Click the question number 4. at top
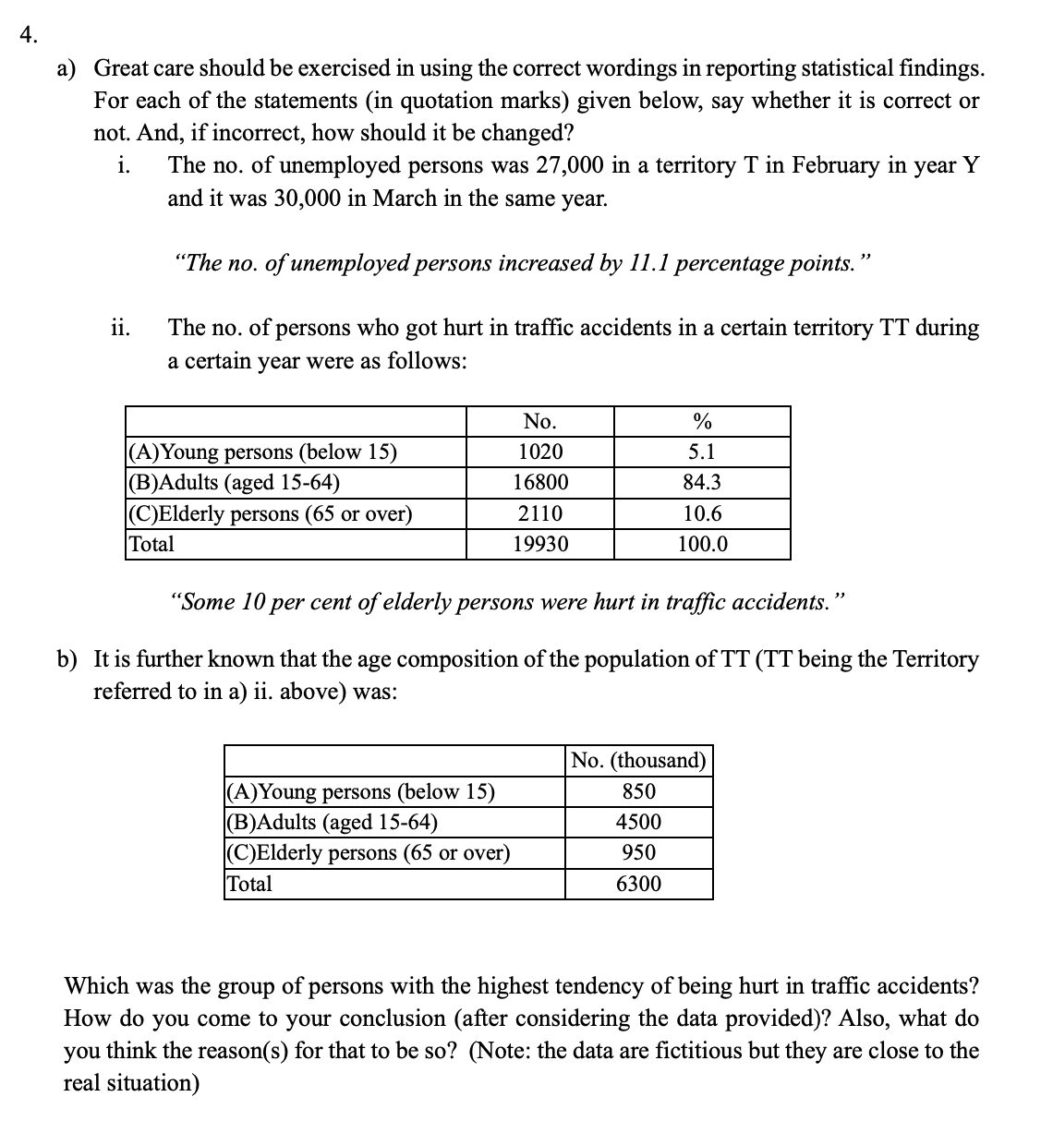pos(29,36)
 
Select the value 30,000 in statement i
pos(308,198)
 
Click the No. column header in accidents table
pos(539,422)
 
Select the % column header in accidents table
pos(702,422)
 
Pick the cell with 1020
pos(539,452)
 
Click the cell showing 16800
pos(539,483)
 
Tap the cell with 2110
pos(539,513)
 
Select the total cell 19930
pos(539,544)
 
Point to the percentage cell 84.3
pos(702,483)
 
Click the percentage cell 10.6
pos(702,513)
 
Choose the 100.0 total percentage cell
pos(702,544)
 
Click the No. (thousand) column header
pos(638,761)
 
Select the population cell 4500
pos(638,822)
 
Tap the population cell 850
pos(638,791)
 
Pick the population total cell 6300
pos(638,884)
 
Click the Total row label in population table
pos(249,884)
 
